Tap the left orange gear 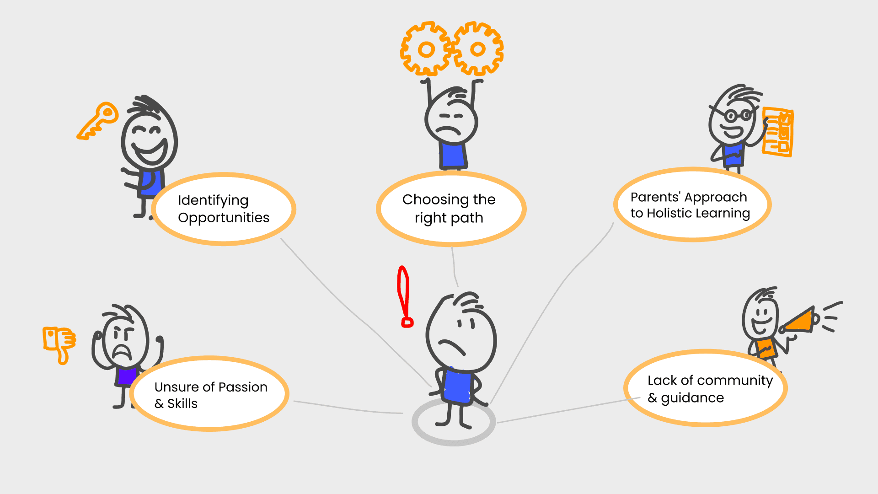[425, 48]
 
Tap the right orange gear [478, 48]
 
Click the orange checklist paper [778, 132]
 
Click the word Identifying [213, 200]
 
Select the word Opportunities [224, 218]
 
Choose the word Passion [242, 387]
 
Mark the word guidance [692, 398]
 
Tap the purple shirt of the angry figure [126, 376]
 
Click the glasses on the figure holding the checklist [737, 115]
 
